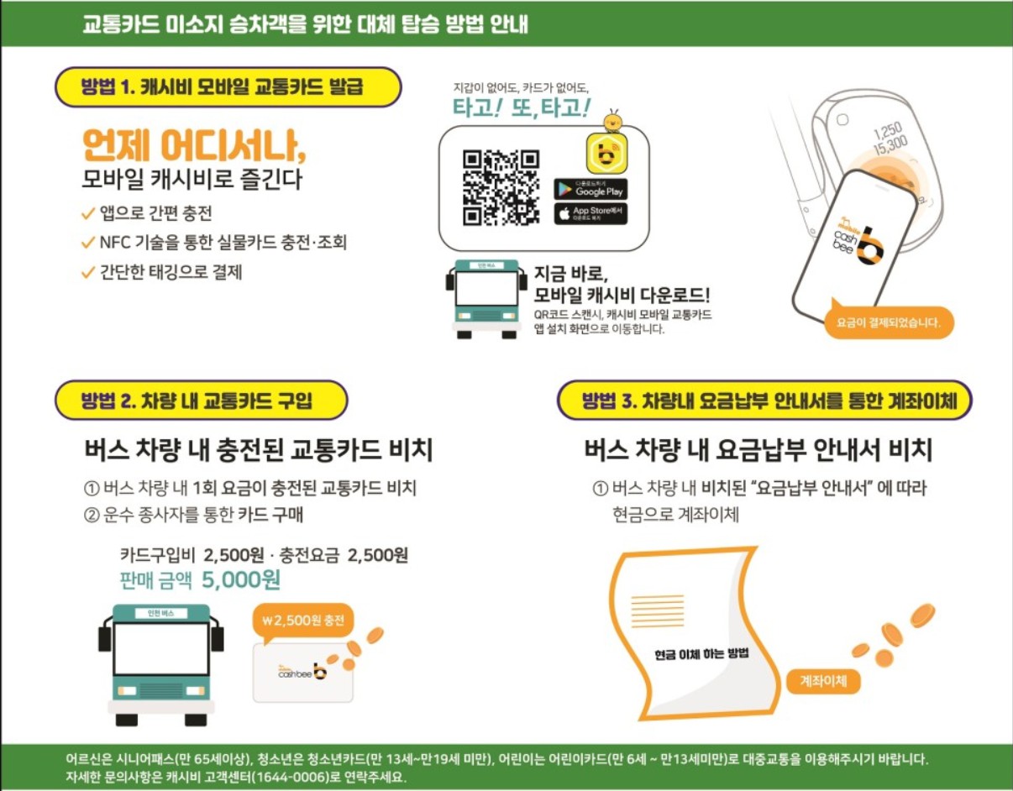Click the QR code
(501, 187)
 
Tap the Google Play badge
(590, 189)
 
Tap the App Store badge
(590, 213)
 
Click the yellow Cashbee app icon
(608, 152)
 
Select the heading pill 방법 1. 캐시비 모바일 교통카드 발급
(228, 86)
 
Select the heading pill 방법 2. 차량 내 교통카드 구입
(201, 401)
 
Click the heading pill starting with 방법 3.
(764, 401)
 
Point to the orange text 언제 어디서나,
(194, 146)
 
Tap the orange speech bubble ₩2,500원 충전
(302, 623)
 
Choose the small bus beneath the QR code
(486, 299)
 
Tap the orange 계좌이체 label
(824, 682)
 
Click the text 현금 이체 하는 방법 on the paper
(701, 654)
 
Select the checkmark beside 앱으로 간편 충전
(87, 214)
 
